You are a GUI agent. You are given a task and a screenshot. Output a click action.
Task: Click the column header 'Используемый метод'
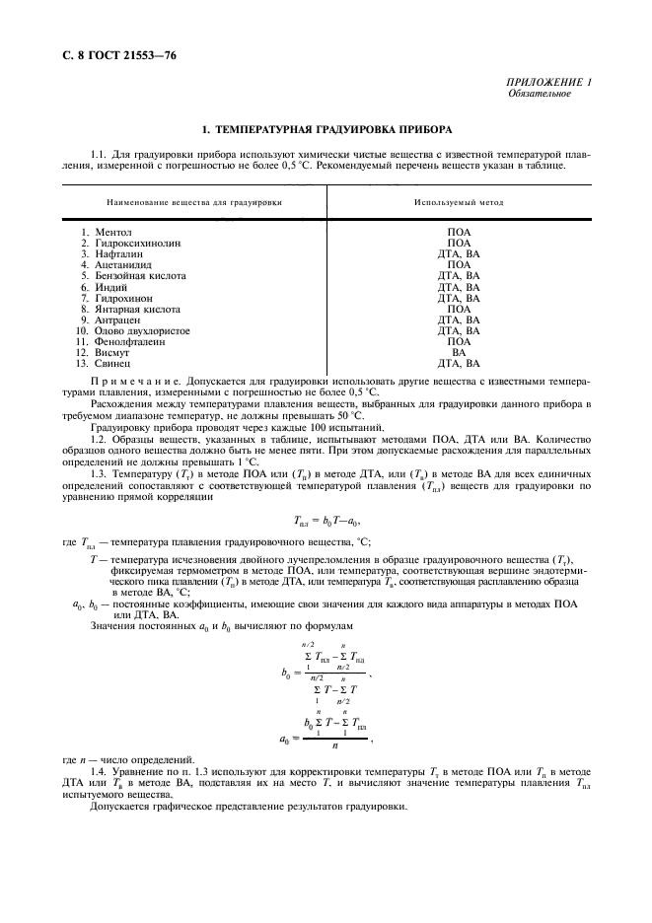click(459, 201)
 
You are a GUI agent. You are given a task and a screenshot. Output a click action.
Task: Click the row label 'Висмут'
click(113, 352)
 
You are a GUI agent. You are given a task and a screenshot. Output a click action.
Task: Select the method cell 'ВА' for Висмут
click(459, 352)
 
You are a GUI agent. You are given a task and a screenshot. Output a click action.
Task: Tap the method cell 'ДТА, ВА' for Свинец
click(459, 363)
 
